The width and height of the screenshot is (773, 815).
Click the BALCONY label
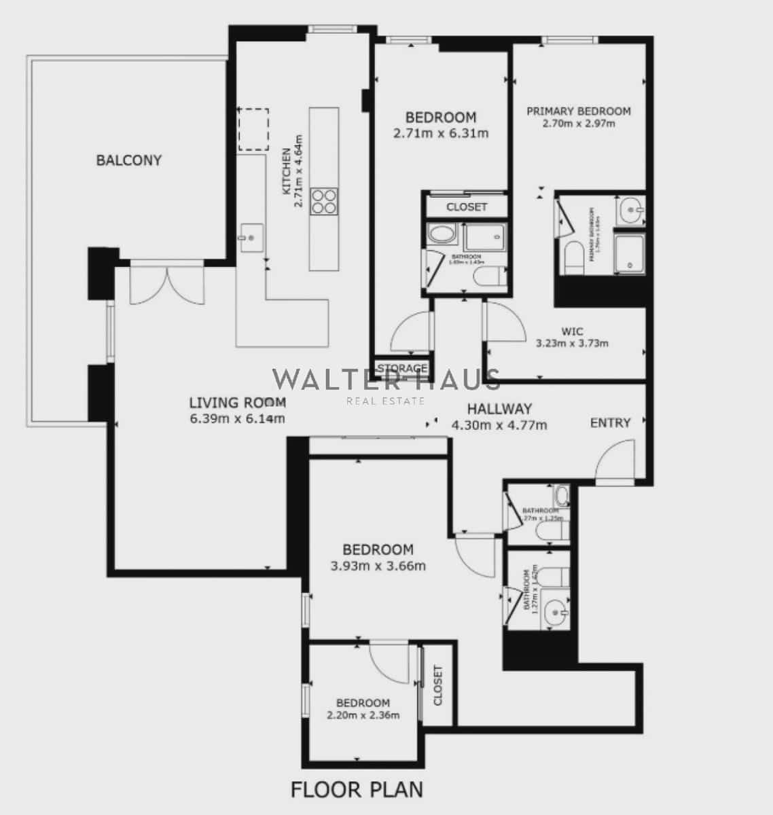coord(129,160)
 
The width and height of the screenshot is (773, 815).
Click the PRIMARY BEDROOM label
coord(579,111)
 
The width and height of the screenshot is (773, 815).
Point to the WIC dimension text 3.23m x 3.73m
coord(572,343)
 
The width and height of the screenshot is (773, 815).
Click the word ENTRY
coord(610,422)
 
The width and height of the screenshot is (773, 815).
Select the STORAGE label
coord(402,368)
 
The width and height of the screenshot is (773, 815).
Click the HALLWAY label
coord(499,409)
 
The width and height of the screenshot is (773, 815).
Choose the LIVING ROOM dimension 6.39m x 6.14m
coord(238,418)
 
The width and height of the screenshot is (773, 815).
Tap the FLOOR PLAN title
coord(357,790)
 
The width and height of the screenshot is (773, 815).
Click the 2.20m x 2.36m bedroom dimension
coord(363,714)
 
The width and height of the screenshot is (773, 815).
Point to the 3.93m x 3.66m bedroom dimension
coord(378,565)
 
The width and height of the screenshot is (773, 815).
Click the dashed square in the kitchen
coord(253,129)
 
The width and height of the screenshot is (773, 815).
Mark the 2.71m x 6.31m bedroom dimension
coord(441,133)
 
